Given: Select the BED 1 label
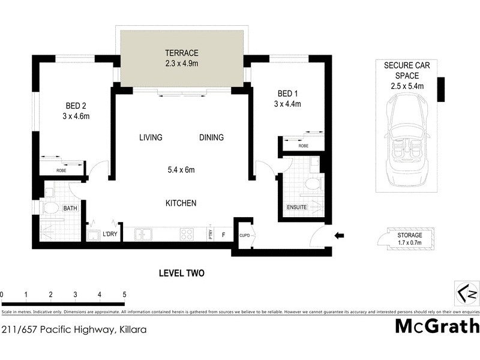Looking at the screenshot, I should point(287,94).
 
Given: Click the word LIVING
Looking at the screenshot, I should point(151,137).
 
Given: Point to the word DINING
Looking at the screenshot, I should point(211,137).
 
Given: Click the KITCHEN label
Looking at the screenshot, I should point(181,203).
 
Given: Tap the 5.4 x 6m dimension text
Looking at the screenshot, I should point(181,170).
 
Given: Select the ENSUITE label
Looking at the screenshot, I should point(297,208).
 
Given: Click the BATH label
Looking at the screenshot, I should point(71,208).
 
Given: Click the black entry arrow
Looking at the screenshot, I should point(339,236).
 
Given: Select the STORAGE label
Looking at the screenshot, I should point(409,235).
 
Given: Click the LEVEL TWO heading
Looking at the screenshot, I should point(181,273).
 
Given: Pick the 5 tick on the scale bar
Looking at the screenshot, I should point(124,295).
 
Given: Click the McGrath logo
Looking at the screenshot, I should point(437,326).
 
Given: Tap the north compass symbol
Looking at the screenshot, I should point(466,293).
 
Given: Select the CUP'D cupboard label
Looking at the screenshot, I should point(245,235).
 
